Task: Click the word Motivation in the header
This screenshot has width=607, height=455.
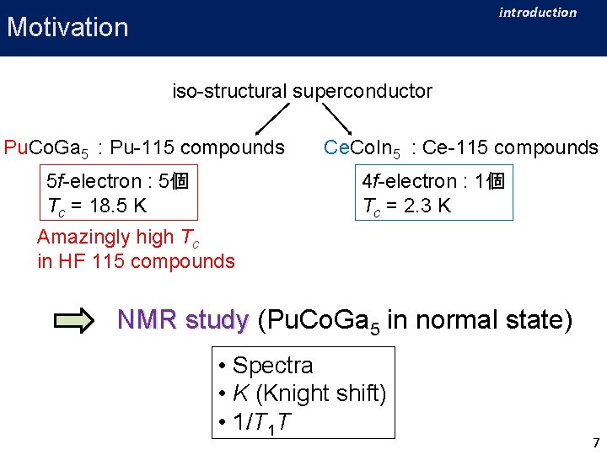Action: coord(67,27)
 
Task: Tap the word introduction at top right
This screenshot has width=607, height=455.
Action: coord(537,12)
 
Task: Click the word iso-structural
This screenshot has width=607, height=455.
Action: coord(230,91)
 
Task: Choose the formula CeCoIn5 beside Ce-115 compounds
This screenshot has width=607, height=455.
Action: coord(363,149)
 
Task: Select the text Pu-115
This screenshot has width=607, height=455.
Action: coord(141,148)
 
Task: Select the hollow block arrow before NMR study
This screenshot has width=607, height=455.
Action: coord(76,320)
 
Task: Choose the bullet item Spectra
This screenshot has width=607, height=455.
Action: coord(272,366)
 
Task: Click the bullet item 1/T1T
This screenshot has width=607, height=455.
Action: coord(262,422)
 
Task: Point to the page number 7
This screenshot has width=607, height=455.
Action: coord(596,442)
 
